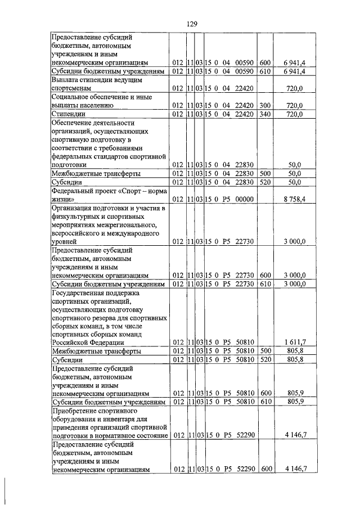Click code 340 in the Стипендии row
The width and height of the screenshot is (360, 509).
[x=265, y=114]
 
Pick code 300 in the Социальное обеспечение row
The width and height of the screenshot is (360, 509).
[x=265, y=105]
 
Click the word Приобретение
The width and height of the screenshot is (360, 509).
[x=76, y=411]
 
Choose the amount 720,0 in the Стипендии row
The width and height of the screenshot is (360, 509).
[x=296, y=114]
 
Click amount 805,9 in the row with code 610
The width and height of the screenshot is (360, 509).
[x=296, y=403]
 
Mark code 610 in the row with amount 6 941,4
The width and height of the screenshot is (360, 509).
[x=265, y=72]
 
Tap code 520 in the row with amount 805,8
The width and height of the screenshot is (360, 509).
[x=265, y=359]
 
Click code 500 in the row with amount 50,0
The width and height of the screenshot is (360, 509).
[x=265, y=174]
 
